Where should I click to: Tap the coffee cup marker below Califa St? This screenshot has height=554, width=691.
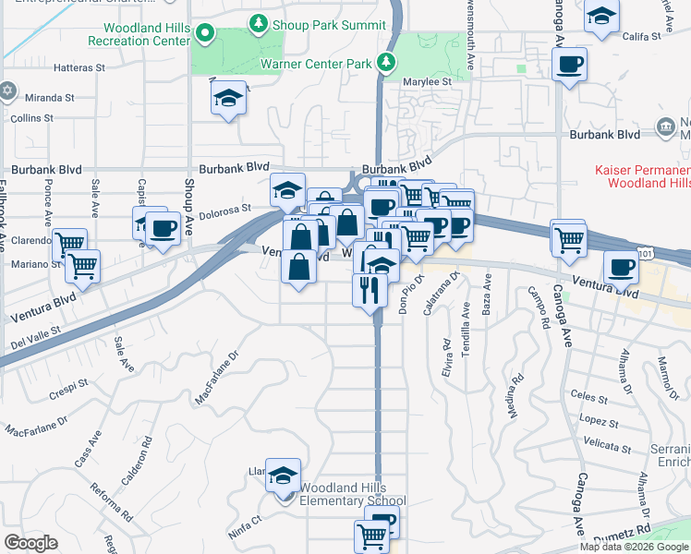pyautogui.click(x=568, y=66)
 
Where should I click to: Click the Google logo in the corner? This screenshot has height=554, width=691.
pyautogui.click(x=30, y=542)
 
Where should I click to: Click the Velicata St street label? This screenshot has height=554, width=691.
pyautogui.click(x=606, y=449)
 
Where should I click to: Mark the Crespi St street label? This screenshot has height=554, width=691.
pyautogui.click(x=69, y=382)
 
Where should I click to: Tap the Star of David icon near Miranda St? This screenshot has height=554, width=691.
pyautogui.click(x=8, y=90)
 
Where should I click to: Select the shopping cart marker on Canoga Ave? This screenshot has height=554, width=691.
pyautogui.click(x=568, y=239)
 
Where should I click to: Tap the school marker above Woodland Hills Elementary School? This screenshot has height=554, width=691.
pyautogui.click(x=284, y=476)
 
